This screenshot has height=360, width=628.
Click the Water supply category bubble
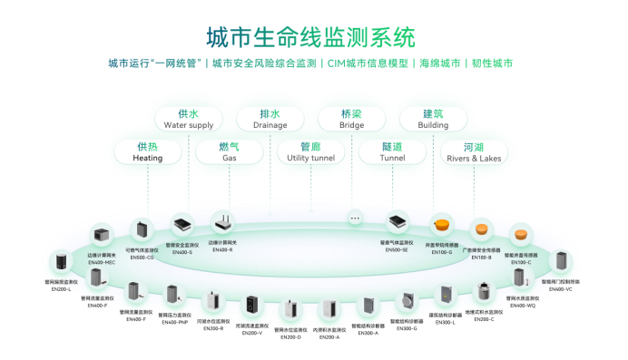point(189,119)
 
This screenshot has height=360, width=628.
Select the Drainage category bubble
point(270,119)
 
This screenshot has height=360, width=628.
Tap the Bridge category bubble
point(351,119)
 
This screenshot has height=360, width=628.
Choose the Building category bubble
point(433,119)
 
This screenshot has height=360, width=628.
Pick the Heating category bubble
point(148,151)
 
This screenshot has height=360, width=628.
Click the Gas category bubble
point(229,151)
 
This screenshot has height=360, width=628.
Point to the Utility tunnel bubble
point(310,151)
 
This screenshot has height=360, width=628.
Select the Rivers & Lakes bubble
point(473,151)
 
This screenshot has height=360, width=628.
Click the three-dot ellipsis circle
point(355,219)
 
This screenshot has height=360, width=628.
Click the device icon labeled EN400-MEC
point(101,234)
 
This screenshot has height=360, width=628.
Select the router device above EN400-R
point(221,222)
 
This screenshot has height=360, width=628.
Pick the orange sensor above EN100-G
point(442,224)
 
